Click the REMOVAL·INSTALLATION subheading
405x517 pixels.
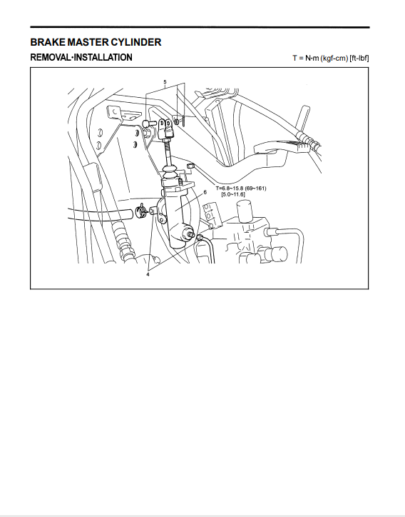81,57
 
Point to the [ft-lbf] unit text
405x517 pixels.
359,58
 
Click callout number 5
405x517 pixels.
165,82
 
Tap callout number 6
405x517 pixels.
205,192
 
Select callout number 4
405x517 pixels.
148,274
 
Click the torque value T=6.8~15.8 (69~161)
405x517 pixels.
241,189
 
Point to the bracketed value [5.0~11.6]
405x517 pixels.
233,194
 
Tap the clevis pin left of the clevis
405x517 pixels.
149,124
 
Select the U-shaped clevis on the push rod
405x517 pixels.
165,129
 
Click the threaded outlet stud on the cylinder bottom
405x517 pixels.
190,234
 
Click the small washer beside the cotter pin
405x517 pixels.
176,122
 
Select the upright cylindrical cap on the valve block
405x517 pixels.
245,212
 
